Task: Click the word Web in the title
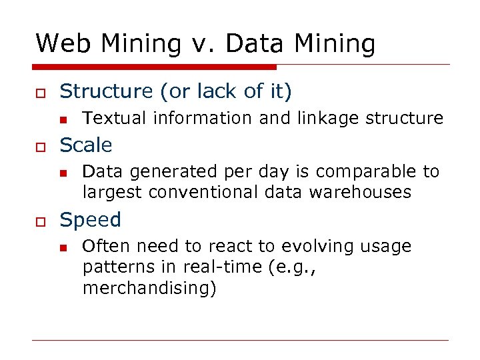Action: pyautogui.click(x=61, y=44)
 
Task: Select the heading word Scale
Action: pyautogui.click(x=86, y=145)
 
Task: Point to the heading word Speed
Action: pyautogui.click(x=91, y=220)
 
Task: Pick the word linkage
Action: pyautogui.click(x=327, y=119)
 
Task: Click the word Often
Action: pyautogui.click(x=105, y=247)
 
